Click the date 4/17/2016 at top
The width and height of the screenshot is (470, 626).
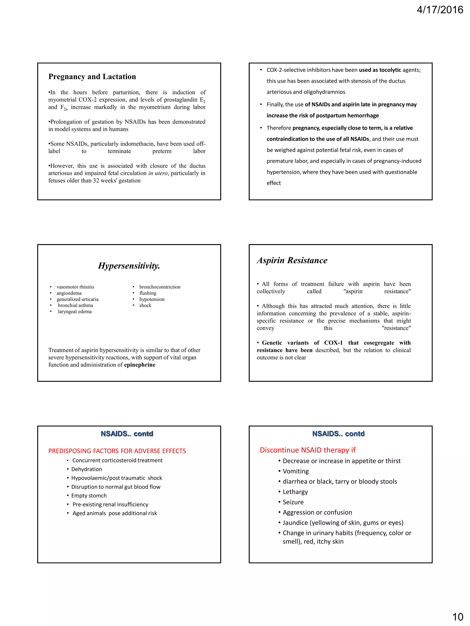pos(439,10)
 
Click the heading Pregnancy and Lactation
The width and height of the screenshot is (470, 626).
pos(92,77)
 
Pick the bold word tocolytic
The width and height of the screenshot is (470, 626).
pos(390,70)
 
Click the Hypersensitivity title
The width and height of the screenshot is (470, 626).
pos(129,266)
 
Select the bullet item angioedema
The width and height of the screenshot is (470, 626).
pos(69,293)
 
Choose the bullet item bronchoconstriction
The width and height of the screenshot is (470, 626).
pos(159,287)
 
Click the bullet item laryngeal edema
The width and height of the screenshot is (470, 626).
pos(75,312)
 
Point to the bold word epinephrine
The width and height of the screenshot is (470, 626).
pos(140,365)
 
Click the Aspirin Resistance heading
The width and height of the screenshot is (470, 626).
pos(292,260)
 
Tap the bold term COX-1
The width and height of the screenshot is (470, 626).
pos(333,343)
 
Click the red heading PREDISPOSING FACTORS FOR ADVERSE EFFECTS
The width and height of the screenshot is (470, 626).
pos(117,451)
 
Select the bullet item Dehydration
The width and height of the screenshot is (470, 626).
pos(87,469)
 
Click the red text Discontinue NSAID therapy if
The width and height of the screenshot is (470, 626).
pos(307,450)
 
